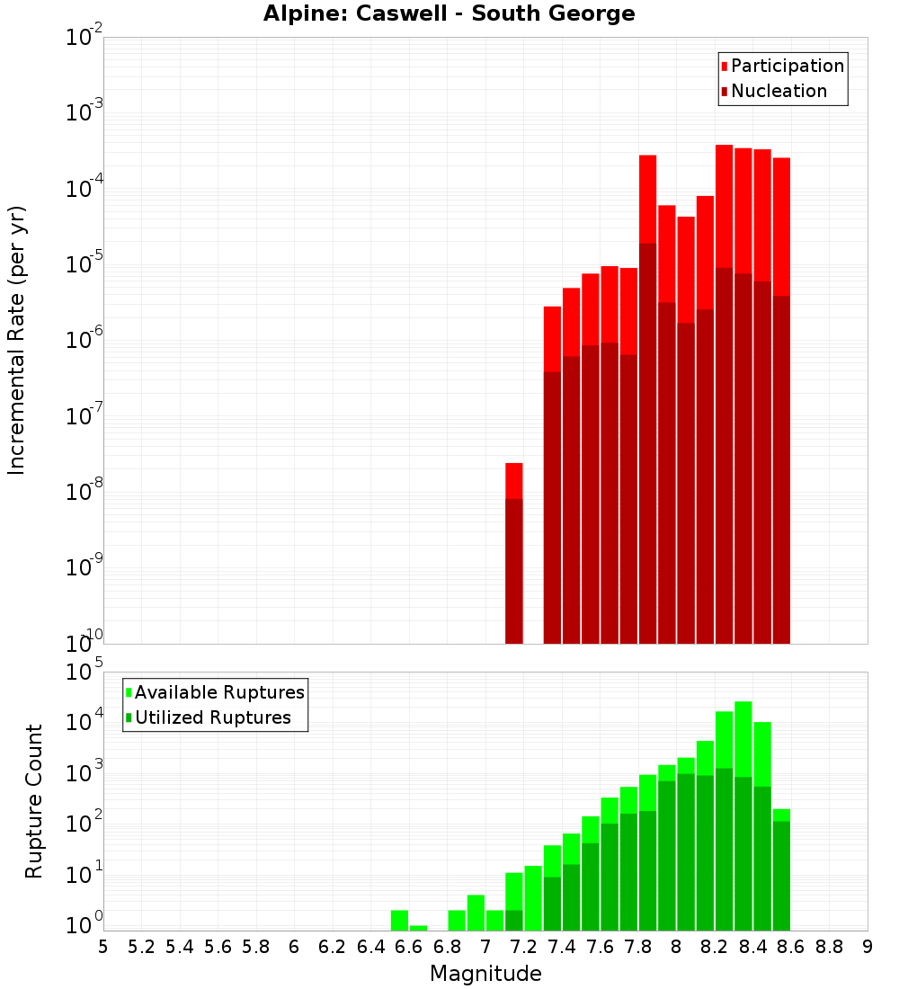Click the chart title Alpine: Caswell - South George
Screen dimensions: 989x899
click(x=449, y=13)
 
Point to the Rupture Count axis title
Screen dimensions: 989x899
click(x=34, y=801)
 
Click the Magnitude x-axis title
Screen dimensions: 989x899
click(x=485, y=974)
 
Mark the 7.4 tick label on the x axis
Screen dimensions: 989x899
click(x=562, y=947)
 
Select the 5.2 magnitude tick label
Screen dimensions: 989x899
click(x=141, y=947)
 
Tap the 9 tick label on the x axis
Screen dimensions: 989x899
click(x=867, y=947)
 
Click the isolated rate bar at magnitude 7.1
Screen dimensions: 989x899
click(x=514, y=557)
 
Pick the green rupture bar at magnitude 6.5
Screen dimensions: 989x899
click(x=399, y=921)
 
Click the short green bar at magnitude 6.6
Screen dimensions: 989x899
click(x=419, y=928)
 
